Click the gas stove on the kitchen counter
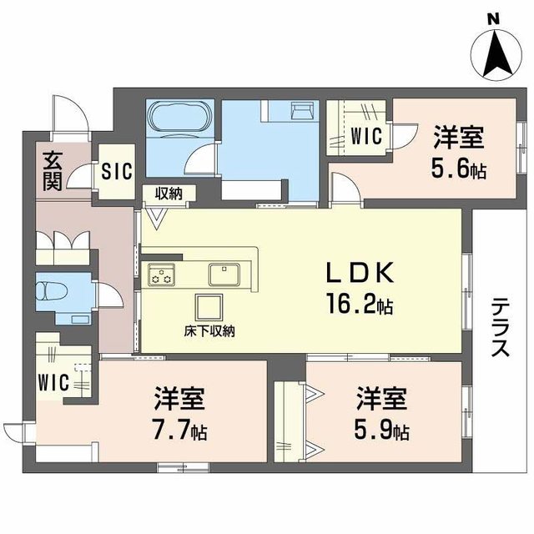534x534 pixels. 161,275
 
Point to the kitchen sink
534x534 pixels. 224,273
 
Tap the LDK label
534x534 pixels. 352,275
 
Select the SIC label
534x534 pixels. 116,173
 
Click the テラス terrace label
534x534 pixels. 500,327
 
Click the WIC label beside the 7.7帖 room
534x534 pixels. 54,383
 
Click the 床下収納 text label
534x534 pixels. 209,332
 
